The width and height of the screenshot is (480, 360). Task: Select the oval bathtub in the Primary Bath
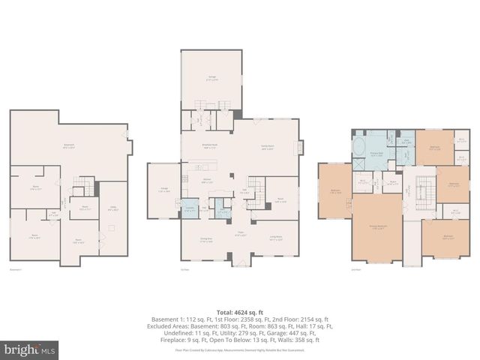click(x=360, y=145)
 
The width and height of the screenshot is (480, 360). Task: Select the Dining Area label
click(x=204, y=239)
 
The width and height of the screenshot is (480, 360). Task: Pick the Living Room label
click(x=277, y=239)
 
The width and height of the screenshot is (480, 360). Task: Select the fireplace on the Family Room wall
click(x=301, y=147)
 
